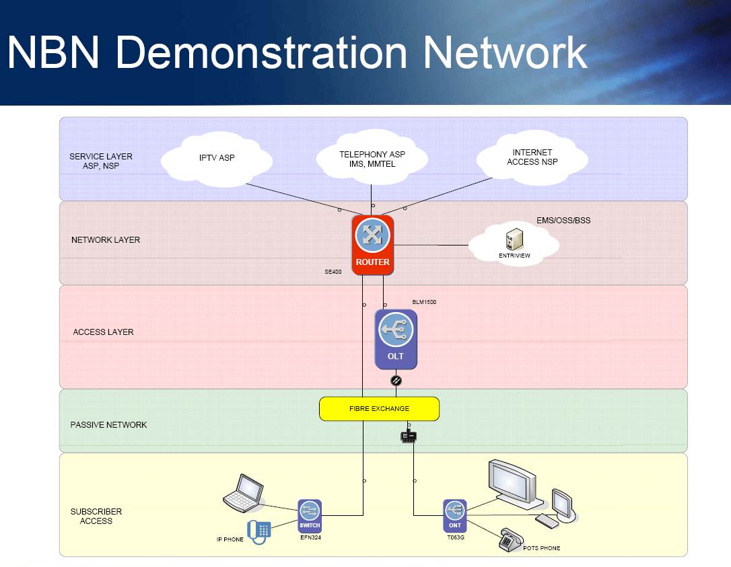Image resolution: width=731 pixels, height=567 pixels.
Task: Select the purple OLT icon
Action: pos(396,339)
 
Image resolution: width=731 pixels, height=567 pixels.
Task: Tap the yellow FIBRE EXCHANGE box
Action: pos(379,408)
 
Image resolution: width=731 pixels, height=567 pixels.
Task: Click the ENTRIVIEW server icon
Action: pos(514,240)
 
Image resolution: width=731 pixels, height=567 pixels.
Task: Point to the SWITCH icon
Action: pos(310,516)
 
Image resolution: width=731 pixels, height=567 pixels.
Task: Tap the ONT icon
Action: pos(455,516)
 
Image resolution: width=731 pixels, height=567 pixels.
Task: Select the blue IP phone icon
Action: pos(259,531)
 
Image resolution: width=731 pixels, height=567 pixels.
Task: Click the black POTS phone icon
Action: pos(511,540)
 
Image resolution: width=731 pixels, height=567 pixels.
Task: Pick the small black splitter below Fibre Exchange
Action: pos(409,437)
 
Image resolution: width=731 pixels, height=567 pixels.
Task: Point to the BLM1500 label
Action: pos(424,302)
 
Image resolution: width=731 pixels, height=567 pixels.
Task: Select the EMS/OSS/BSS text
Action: pos(563,220)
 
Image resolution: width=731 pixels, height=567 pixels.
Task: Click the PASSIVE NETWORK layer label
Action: pos(108,425)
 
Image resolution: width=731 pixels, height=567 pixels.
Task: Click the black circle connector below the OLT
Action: pos(396,381)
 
